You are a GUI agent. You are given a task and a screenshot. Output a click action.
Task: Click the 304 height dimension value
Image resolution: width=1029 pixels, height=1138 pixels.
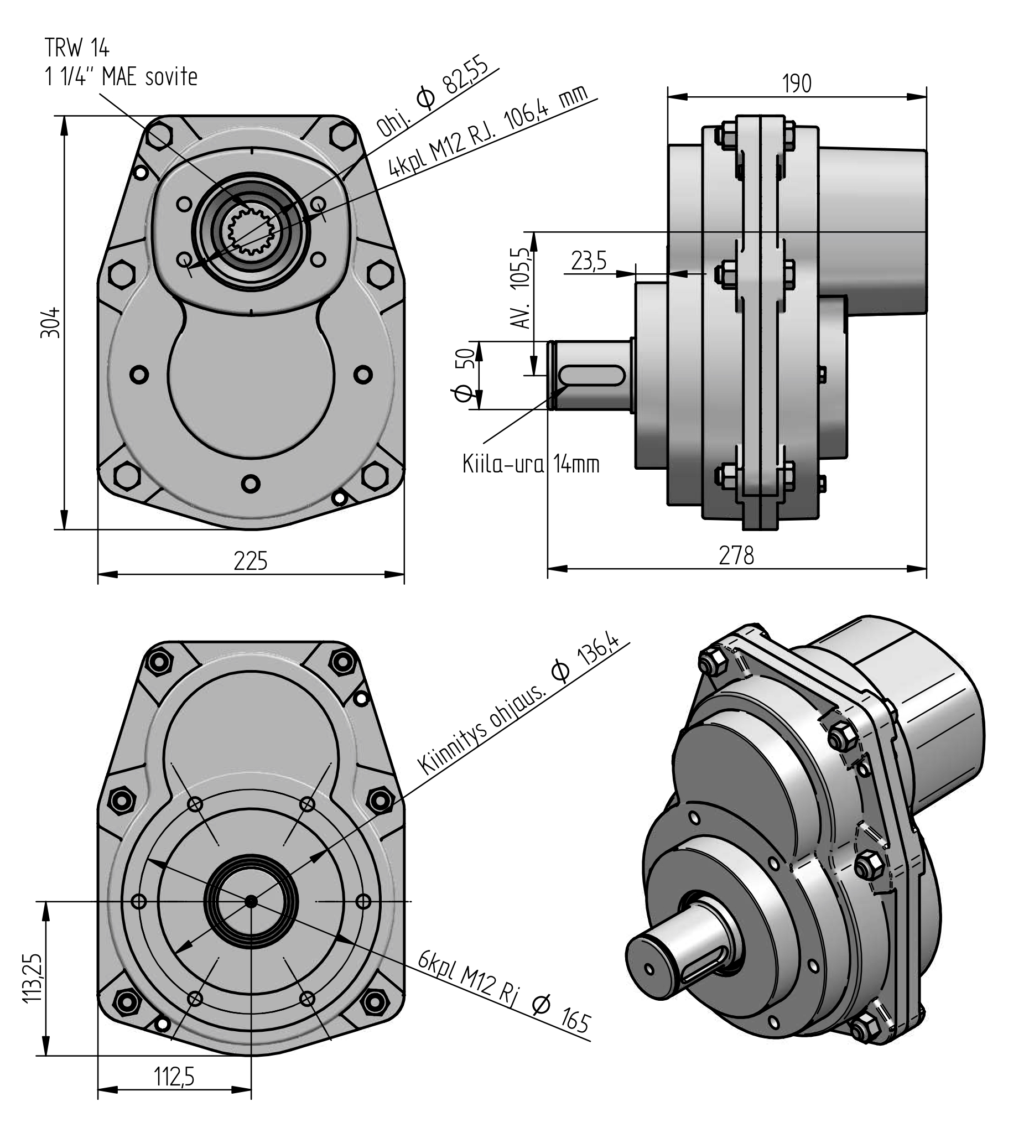pyautogui.click(x=50, y=323)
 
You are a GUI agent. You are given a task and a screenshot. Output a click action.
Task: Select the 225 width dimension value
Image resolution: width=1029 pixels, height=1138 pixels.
pyautogui.click(x=251, y=561)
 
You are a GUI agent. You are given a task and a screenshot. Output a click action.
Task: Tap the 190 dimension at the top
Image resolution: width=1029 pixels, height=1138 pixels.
pyautogui.click(x=797, y=84)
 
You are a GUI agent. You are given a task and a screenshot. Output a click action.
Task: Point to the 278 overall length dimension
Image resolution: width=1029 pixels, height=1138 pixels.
pyautogui.click(x=736, y=555)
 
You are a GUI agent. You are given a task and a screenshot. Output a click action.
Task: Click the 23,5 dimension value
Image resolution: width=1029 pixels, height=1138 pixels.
pyautogui.click(x=589, y=261)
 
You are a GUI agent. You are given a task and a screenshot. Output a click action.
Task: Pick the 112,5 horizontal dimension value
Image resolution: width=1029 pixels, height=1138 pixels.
pyautogui.click(x=174, y=1077)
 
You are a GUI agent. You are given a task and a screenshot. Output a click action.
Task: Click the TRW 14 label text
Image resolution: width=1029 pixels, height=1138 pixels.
pyautogui.click(x=77, y=49)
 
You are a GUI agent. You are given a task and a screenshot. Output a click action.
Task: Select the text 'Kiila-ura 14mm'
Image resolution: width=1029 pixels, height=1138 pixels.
pyautogui.click(x=531, y=464)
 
